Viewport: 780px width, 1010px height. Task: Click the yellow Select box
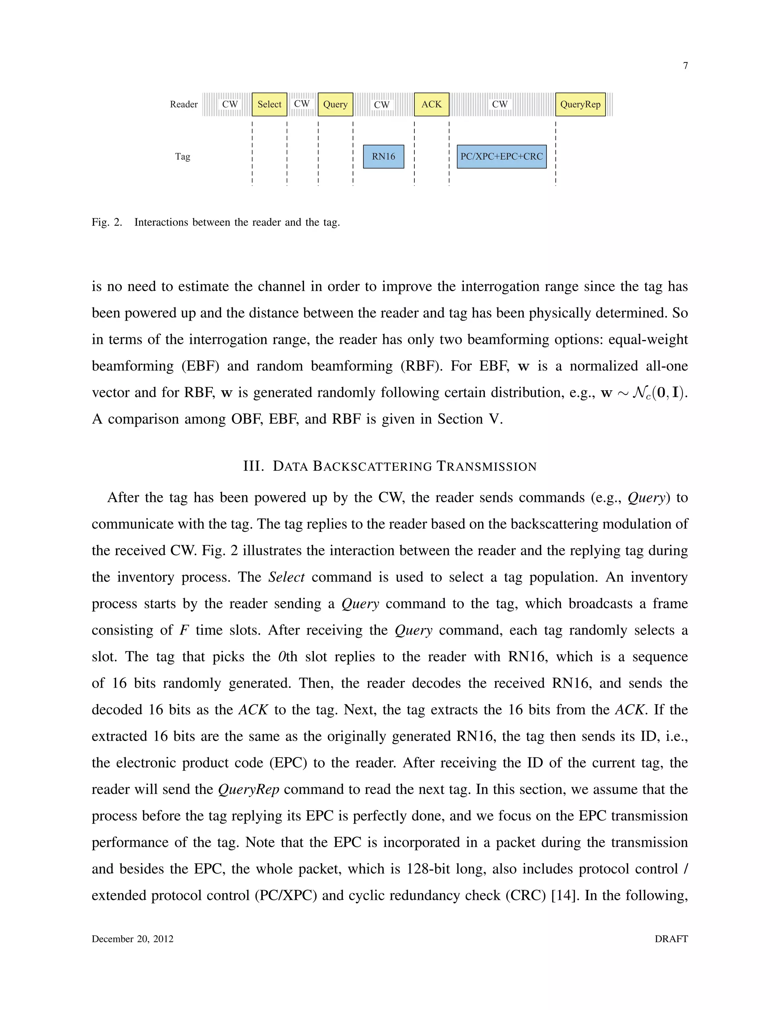click(x=269, y=104)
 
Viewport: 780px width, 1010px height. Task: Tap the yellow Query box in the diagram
click(x=336, y=104)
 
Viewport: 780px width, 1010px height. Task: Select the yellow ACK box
click(x=432, y=104)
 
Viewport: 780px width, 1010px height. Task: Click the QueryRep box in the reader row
click(x=580, y=104)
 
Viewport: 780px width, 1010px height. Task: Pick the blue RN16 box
click(x=384, y=157)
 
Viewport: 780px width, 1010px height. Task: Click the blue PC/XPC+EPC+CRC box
click(x=501, y=157)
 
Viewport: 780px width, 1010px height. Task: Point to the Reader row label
click(x=184, y=104)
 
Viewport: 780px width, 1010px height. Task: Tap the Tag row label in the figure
click(x=182, y=157)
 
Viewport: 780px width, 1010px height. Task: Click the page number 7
click(x=685, y=66)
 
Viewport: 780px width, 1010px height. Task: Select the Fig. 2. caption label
click(x=107, y=223)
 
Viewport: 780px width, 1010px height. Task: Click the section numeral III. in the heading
click(x=254, y=466)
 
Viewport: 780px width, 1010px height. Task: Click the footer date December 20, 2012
click(x=133, y=939)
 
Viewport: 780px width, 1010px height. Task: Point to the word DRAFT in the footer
click(x=671, y=939)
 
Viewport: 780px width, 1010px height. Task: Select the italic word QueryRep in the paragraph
click(x=249, y=789)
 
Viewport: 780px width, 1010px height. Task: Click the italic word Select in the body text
click(x=286, y=577)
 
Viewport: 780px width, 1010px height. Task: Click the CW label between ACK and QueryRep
click(x=500, y=104)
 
